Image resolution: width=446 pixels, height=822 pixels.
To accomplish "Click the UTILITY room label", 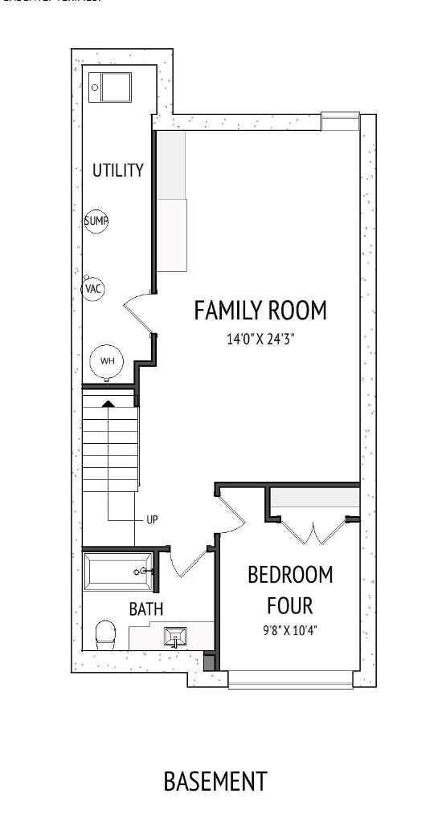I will [117, 170].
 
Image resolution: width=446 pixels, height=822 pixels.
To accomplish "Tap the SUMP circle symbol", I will [96, 221].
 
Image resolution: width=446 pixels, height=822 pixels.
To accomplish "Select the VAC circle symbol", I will [94, 288].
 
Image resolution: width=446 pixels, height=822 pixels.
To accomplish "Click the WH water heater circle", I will [108, 361].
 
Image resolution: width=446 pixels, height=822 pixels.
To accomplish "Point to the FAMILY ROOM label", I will [260, 311].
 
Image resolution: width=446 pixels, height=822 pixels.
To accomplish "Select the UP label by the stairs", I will [152, 519].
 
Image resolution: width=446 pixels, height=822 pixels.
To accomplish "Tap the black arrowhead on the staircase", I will [108, 402].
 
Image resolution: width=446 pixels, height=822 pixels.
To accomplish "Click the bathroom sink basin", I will [176, 637].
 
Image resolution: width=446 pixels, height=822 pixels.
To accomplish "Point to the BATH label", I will [146, 609].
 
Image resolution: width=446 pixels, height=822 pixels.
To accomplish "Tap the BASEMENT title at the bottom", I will [215, 781].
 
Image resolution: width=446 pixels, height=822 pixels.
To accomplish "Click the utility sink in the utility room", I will [110, 86].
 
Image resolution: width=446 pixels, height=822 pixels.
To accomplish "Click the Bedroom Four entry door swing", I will [231, 514].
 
